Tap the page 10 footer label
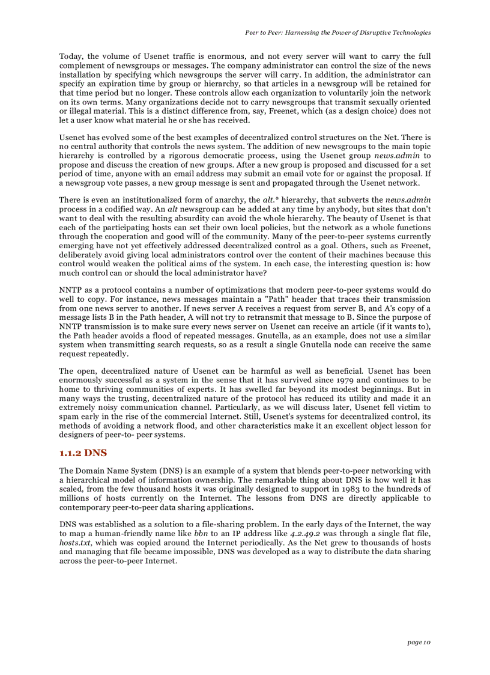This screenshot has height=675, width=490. coord(419,643)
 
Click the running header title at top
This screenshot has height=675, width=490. coord(337,32)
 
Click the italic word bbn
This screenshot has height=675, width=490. coord(201,534)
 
